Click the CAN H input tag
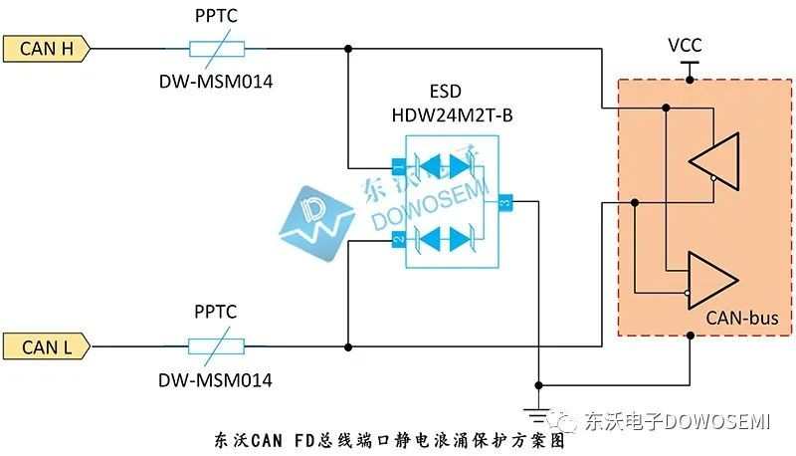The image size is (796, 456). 47,49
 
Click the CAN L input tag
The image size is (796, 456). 47,346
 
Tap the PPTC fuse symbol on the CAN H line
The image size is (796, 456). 217,49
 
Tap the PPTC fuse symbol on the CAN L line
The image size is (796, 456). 216,346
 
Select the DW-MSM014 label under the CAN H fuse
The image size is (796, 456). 216,82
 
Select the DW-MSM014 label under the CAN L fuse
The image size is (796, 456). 215,379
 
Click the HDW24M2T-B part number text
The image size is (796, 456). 452,115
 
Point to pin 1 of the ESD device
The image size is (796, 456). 399,166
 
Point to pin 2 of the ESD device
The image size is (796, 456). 399,239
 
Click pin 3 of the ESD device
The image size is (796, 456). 505,202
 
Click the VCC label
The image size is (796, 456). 685,45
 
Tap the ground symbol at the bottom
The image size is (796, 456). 538,414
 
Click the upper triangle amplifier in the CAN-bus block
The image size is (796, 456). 713,161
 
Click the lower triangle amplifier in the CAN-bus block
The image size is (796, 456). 712,280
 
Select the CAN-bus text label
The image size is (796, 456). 741,319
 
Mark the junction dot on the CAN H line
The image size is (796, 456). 347,49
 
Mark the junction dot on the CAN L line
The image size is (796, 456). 347,347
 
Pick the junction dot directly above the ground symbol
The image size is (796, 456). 538,385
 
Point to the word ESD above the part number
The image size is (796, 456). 445,92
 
